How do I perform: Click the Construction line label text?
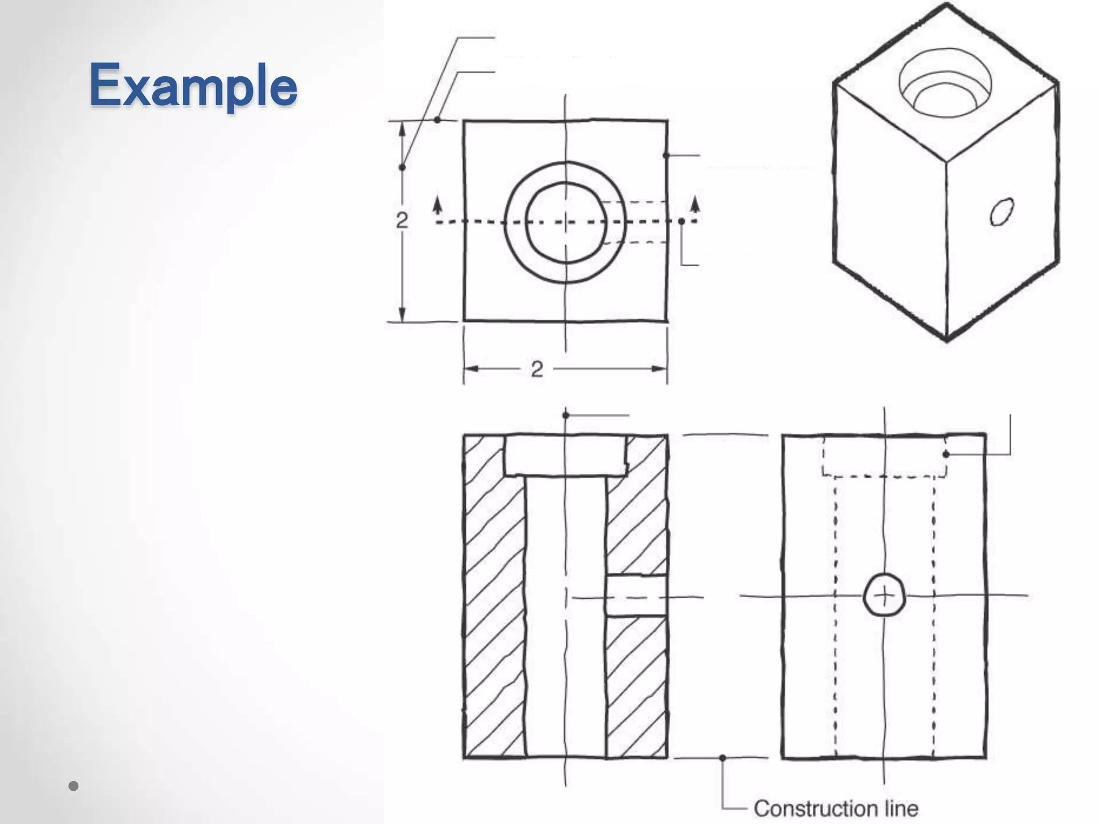point(835,808)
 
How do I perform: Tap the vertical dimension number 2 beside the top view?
point(402,220)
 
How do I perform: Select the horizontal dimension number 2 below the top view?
point(537,369)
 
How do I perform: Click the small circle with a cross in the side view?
point(884,596)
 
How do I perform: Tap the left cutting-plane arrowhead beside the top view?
point(438,204)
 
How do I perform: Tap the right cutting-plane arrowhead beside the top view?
point(695,203)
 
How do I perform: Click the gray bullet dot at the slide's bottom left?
point(74,786)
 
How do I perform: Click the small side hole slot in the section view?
point(636,596)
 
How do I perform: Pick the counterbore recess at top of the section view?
point(566,455)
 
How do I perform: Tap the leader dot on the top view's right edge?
point(666,155)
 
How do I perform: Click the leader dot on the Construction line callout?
point(723,758)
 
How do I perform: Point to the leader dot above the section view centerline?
point(566,415)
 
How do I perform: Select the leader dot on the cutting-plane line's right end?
point(681,221)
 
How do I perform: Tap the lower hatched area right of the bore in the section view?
point(636,687)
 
